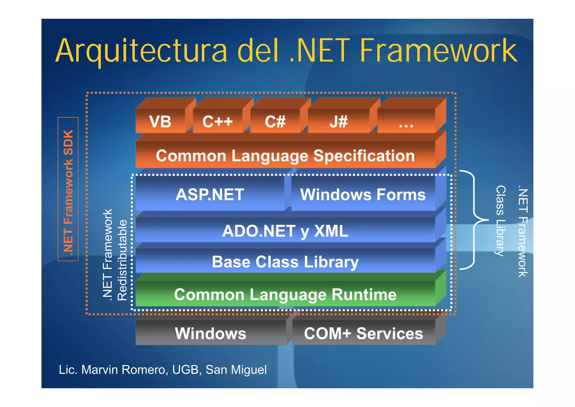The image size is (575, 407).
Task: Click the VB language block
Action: [x=160, y=121]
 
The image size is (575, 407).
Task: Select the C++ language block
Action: [x=218, y=121]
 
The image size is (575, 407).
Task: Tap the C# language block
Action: [x=275, y=121]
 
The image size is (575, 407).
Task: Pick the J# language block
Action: [x=339, y=121]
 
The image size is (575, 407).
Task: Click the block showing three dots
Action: [x=406, y=122]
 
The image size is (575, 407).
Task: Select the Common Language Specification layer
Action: [x=285, y=155]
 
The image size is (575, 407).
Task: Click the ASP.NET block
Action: [x=210, y=195]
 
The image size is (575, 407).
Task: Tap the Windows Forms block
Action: [x=363, y=195]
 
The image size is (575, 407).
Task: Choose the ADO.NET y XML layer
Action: [x=285, y=231]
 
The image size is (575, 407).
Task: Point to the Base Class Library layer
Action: [x=285, y=261]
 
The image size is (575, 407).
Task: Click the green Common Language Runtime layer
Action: [x=285, y=294]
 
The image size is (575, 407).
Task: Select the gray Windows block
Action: [x=211, y=333]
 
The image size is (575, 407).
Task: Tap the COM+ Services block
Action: [x=363, y=333]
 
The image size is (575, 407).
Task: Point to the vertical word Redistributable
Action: [x=122, y=260]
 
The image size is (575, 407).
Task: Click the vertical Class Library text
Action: [x=500, y=220]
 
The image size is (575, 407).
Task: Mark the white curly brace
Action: [x=474, y=220]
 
